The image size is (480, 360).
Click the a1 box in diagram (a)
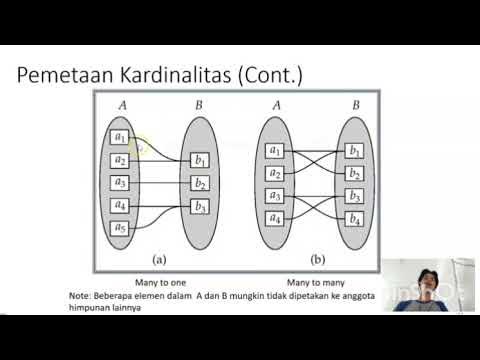click(x=120, y=137)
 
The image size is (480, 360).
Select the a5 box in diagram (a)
click(x=120, y=228)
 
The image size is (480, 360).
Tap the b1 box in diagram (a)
click(x=200, y=160)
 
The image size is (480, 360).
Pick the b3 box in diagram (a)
click(x=200, y=207)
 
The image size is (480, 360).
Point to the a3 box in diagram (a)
click(x=120, y=182)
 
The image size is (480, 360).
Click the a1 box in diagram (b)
click(x=275, y=151)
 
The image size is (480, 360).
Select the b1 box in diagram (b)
click(x=355, y=151)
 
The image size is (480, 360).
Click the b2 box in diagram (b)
click(x=355, y=172)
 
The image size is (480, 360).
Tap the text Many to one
click(x=160, y=283)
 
